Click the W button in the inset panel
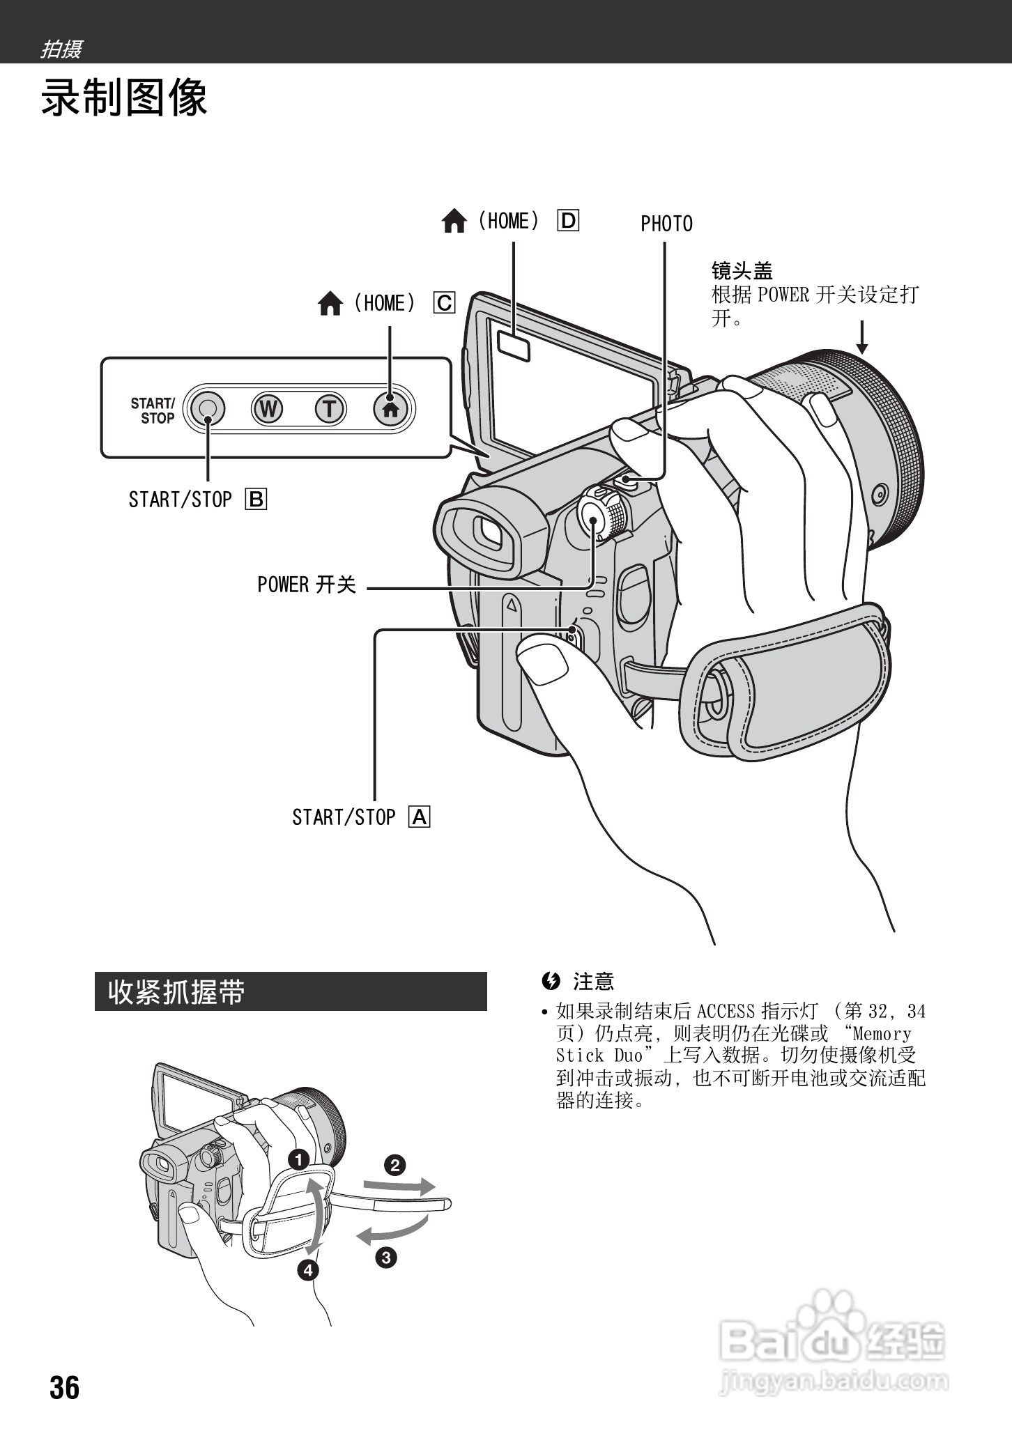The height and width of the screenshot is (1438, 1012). (x=268, y=409)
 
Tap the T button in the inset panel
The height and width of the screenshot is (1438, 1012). (x=330, y=409)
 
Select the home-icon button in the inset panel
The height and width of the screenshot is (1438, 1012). (x=391, y=409)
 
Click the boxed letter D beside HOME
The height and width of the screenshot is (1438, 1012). (x=568, y=221)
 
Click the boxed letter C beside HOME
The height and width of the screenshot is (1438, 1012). (x=444, y=303)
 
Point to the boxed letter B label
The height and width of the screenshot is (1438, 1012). (x=256, y=500)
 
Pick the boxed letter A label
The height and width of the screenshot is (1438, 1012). (x=420, y=817)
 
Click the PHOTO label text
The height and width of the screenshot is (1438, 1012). (x=666, y=224)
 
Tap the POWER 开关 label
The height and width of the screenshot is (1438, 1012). (x=307, y=585)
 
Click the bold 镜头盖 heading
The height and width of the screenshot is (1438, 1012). (x=742, y=271)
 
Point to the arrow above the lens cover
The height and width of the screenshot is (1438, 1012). (x=862, y=337)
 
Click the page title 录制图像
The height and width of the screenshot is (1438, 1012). (x=124, y=98)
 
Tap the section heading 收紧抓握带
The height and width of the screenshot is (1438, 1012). (x=176, y=992)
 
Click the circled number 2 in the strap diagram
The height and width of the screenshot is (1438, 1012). (x=395, y=1165)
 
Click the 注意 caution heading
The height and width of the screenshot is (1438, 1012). (x=592, y=982)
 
